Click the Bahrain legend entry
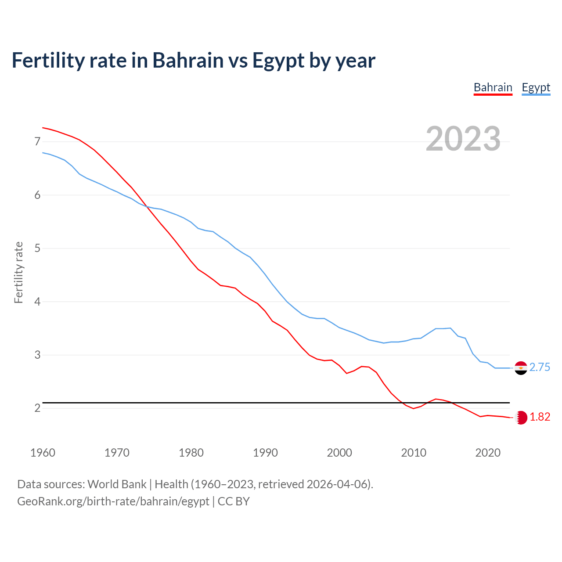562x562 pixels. (x=493, y=87)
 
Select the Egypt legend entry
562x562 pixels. (x=536, y=87)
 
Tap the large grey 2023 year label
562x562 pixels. (x=463, y=139)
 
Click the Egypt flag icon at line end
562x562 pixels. (x=521, y=368)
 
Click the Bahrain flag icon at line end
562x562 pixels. (x=521, y=418)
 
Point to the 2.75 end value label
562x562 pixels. (x=540, y=367)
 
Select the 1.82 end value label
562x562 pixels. (x=540, y=417)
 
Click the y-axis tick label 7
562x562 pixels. (x=37, y=141)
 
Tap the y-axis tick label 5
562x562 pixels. (x=37, y=249)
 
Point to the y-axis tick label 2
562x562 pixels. (x=37, y=408)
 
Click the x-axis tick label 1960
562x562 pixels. (x=43, y=453)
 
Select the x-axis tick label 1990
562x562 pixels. (x=265, y=453)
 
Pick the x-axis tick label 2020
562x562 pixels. (x=488, y=453)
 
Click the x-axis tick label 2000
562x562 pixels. (x=339, y=453)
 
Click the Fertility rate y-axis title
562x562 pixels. (x=18, y=272)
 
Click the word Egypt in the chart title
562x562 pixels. (x=278, y=61)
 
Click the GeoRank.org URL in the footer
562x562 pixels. (x=113, y=501)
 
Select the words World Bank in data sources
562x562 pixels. (x=117, y=484)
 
